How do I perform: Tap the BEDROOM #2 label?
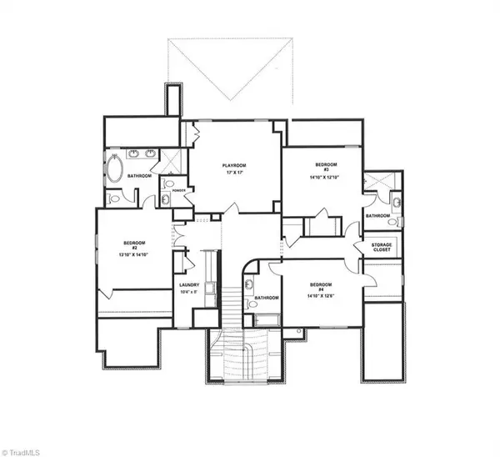pyautogui.click(x=133, y=244)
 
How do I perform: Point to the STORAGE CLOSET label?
pyautogui.click(x=382, y=246)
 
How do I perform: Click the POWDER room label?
pyautogui.click(x=178, y=191)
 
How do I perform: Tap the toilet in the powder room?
pyautogui.click(x=170, y=184)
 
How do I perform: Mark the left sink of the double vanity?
pyautogui.click(x=135, y=154)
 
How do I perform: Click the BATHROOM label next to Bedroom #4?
pyautogui.click(x=266, y=298)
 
